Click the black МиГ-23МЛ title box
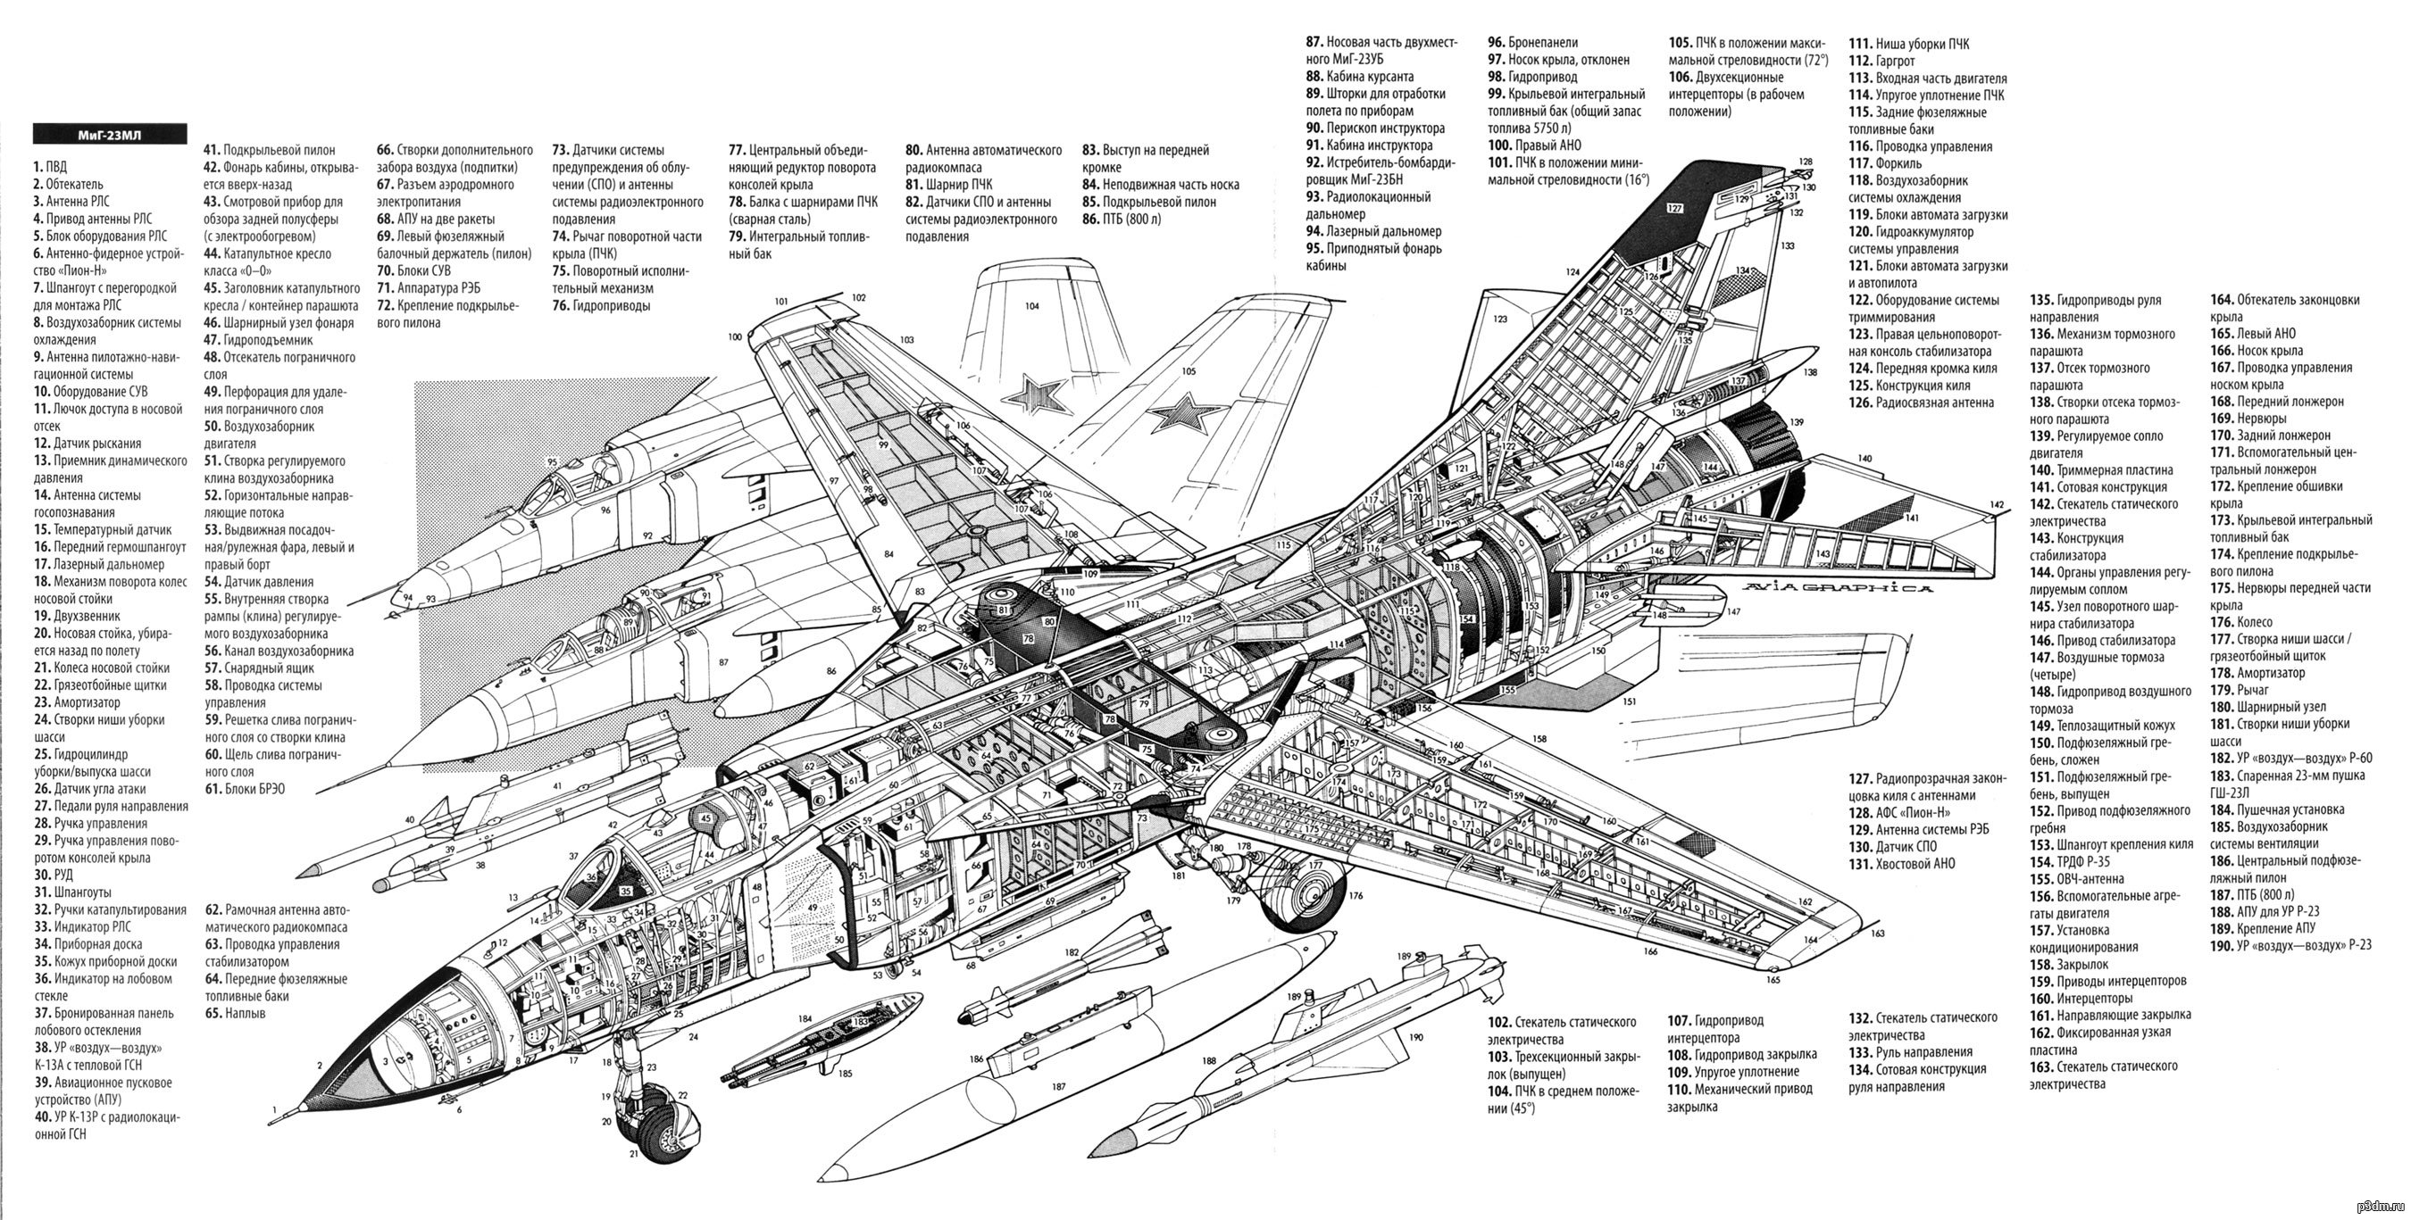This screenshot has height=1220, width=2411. tap(110, 135)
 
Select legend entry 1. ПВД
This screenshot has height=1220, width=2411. tap(51, 168)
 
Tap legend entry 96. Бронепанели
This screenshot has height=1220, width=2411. tap(1533, 42)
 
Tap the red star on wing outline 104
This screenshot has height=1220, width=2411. tap(1041, 394)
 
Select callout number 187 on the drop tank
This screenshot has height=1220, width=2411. tap(1058, 1087)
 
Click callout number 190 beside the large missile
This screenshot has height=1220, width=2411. tap(1415, 1037)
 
